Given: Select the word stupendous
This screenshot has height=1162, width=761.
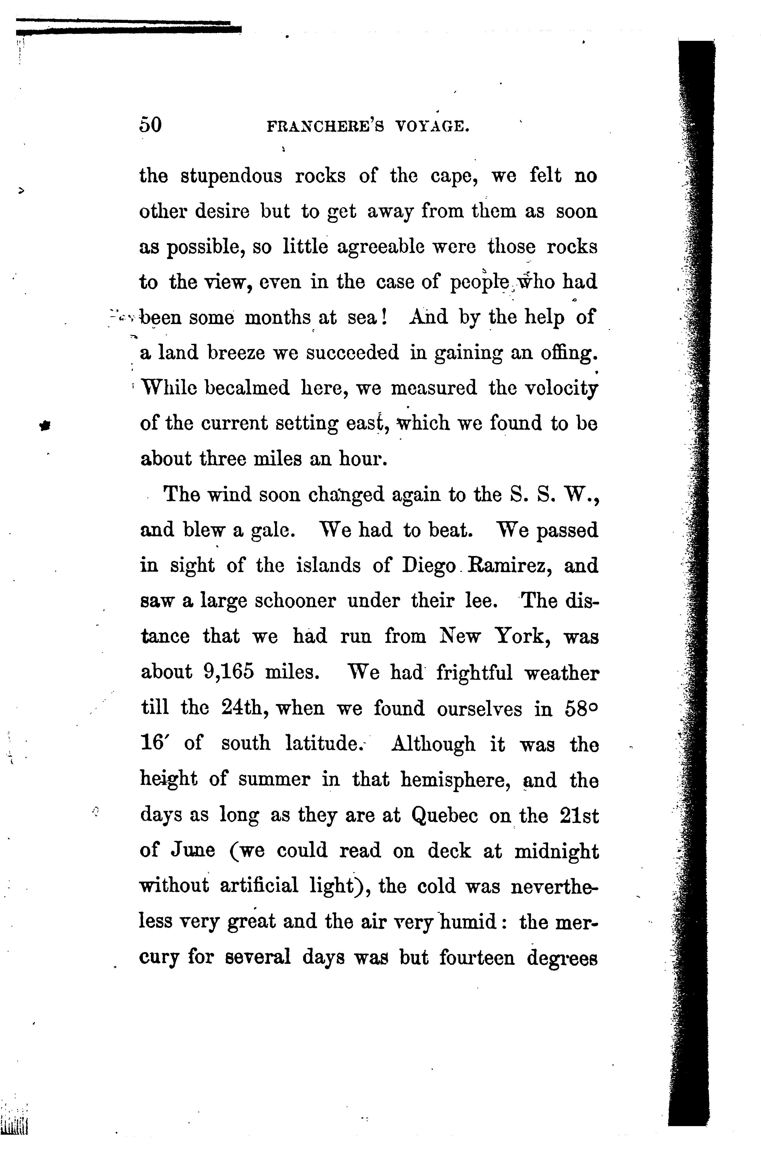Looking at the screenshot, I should pos(232,176).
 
